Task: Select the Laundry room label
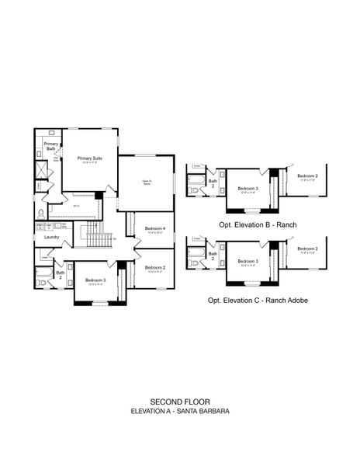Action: pos(52,237)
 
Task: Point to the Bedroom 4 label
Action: pos(155,228)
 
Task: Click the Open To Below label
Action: pos(146,183)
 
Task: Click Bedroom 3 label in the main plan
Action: pos(95,280)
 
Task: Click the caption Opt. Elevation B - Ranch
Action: pos(258,224)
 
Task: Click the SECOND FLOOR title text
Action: pos(180,402)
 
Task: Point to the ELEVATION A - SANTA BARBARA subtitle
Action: pos(180,411)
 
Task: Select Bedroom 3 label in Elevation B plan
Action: pos(247,189)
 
